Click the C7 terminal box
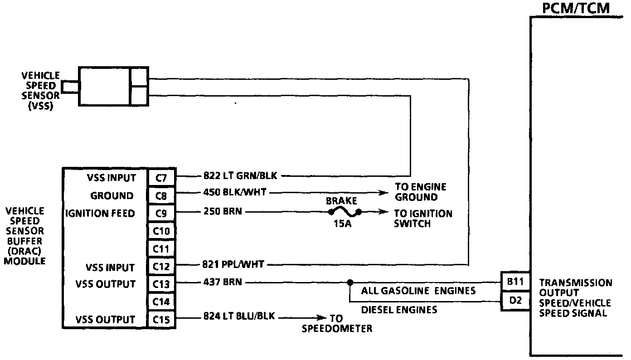pos(161,178)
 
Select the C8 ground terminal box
pos(161,195)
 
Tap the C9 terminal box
pos(161,213)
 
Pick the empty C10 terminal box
pos(161,231)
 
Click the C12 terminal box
pos(161,267)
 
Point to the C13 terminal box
pos(161,284)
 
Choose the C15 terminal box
pos(161,320)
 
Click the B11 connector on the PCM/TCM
pos(515,282)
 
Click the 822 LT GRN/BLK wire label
pos(240,176)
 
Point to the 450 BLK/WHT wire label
pos(235,193)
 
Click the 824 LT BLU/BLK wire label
pos(239,316)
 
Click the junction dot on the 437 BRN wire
pos(349,282)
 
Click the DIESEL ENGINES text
pos(399,310)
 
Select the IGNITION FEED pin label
pos(100,213)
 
